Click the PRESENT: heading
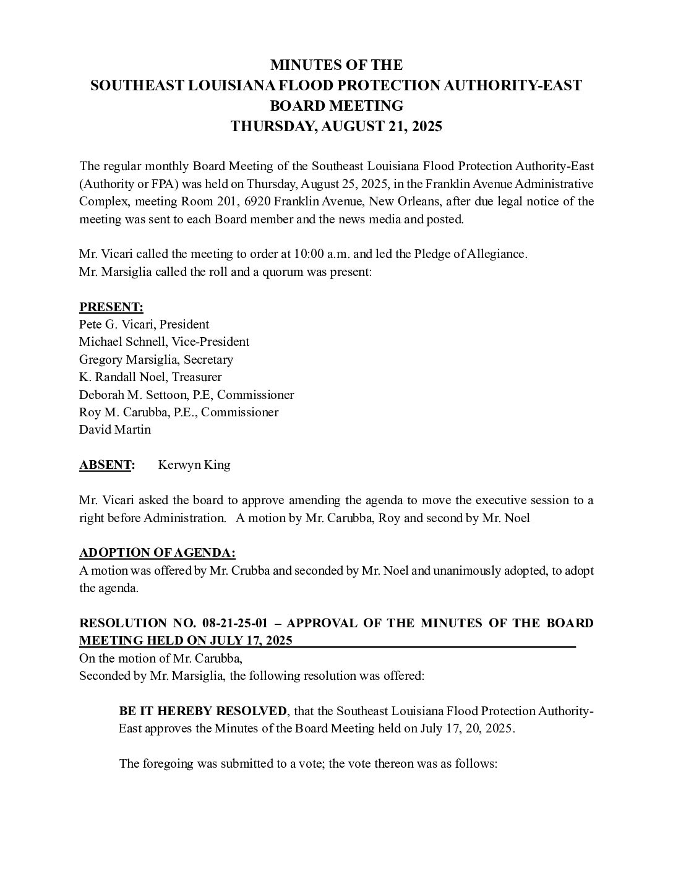click(x=111, y=307)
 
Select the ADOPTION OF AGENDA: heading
click(x=157, y=553)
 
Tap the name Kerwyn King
click(x=194, y=465)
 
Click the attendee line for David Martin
click(x=115, y=429)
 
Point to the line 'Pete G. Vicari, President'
click(x=144, y=324)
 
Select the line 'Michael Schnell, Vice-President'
click(x=164, y=341)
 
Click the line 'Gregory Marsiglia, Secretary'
click(x=156, y=359)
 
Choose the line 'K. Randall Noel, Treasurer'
click(x=150, y=377)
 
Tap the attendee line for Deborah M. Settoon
click(x=186, y=395)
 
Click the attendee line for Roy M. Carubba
click(x=179, y=412)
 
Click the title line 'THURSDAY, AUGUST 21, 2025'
click(x=336, y=127)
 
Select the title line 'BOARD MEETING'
click(x=336, y=106)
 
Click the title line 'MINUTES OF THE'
click(x=336, y=65)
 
